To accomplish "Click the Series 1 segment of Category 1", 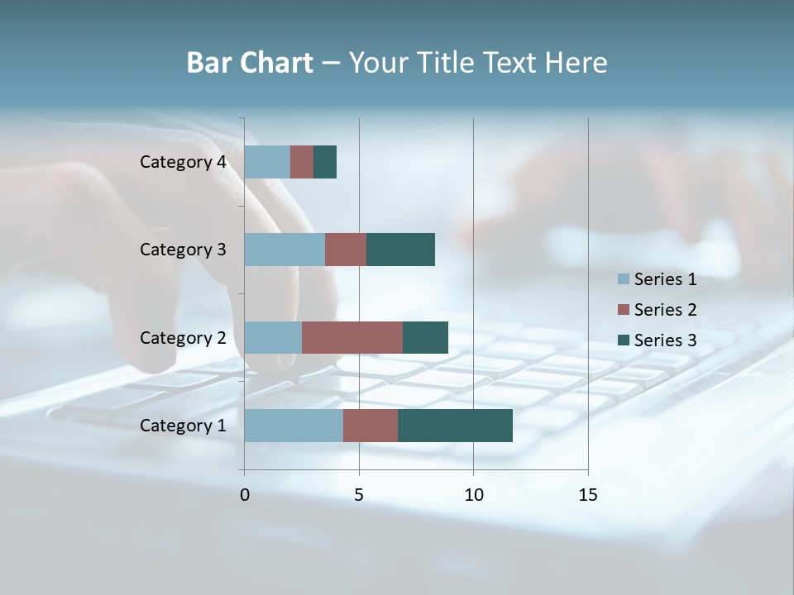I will tap(294, 426).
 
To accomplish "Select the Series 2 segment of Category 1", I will tap(371, 426).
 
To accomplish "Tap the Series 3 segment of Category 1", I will tap(455, 426).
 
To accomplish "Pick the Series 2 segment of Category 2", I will tap(352, 337).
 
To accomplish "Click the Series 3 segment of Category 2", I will tap(425, 337).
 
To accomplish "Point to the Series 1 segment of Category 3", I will tap(285, 250).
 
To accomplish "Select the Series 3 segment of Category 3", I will tap(400, 250).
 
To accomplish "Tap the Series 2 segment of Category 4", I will tap(302, 162).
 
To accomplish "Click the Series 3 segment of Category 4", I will tap(325, 162).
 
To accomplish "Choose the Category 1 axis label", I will tap(182, 426).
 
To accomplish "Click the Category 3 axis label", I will tap(182, 250).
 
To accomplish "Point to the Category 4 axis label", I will tap(182, 162).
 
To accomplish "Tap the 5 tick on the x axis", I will tap(359, 495).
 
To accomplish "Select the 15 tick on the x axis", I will tap(587, 495).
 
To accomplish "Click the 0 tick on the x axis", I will tap(245, 495).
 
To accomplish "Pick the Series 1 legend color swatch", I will tap(623, 279).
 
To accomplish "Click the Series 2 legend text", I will tap(665, 310).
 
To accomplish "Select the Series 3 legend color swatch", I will tap(623, 340).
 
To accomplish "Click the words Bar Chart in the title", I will tap(250, 63).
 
